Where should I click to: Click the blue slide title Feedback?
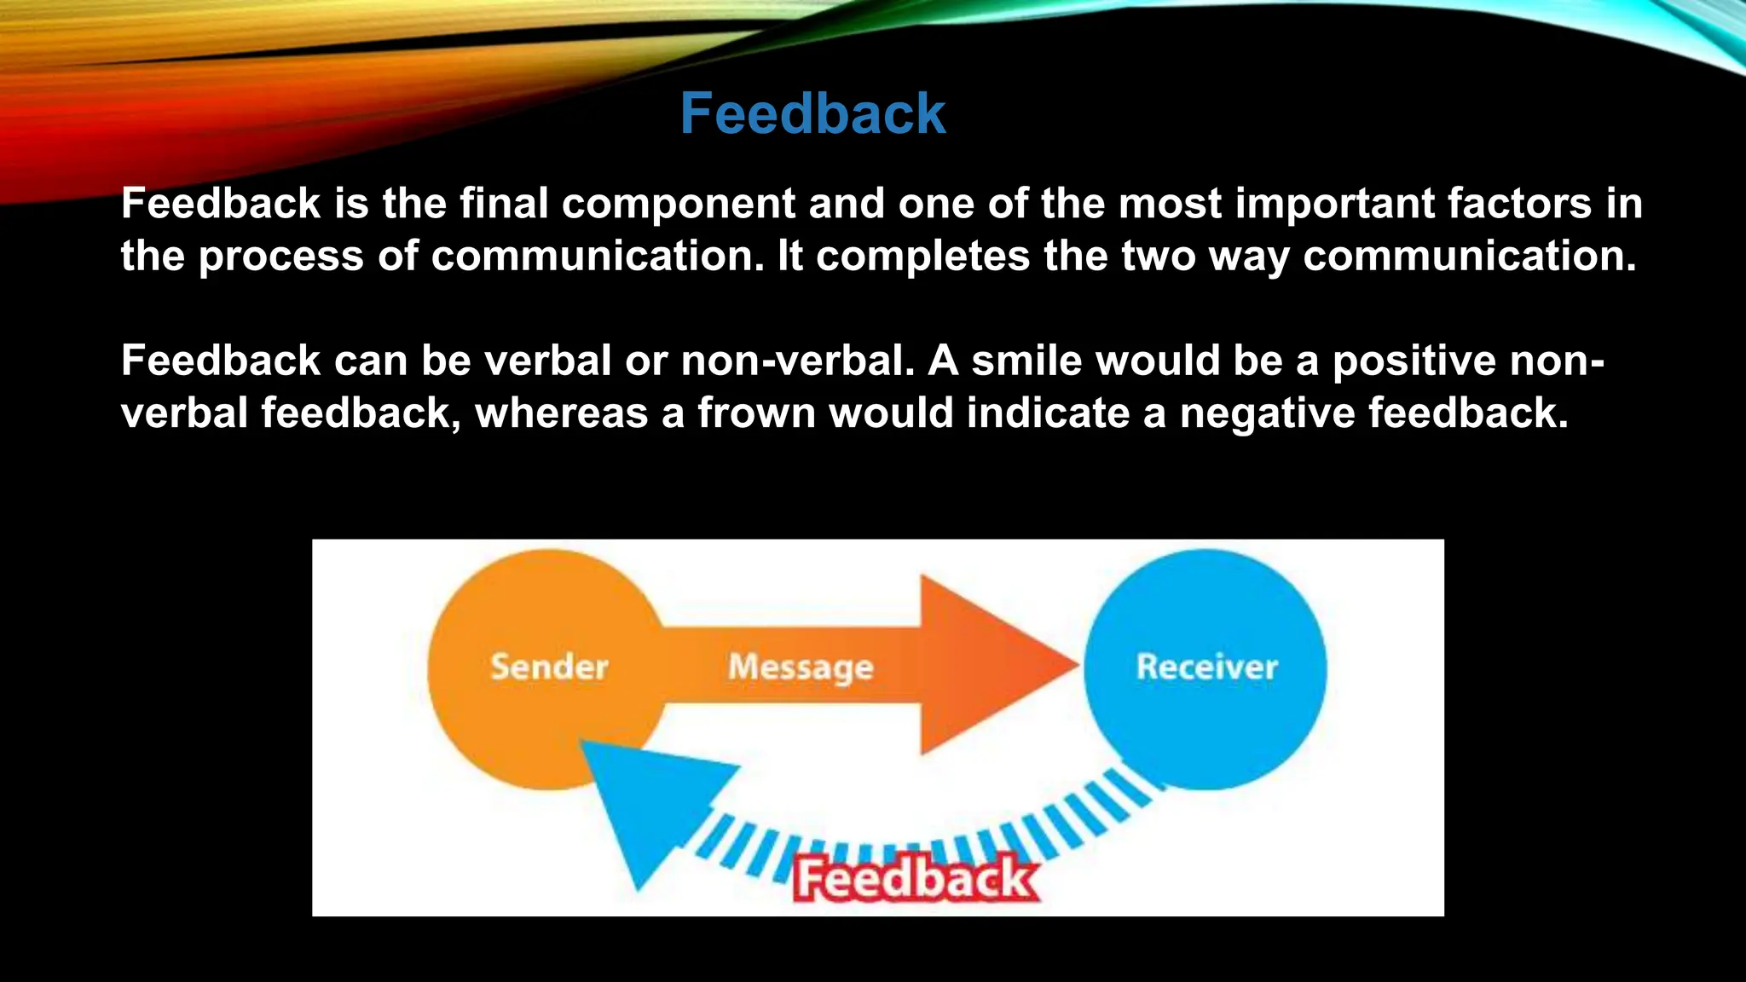812,113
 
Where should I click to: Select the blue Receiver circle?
1205,669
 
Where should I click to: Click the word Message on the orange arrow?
801,667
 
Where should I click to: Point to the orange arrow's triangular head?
989,665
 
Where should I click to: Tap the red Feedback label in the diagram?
916,879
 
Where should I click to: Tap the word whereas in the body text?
561,413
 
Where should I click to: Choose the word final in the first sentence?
504,204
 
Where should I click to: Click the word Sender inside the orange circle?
549,667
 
